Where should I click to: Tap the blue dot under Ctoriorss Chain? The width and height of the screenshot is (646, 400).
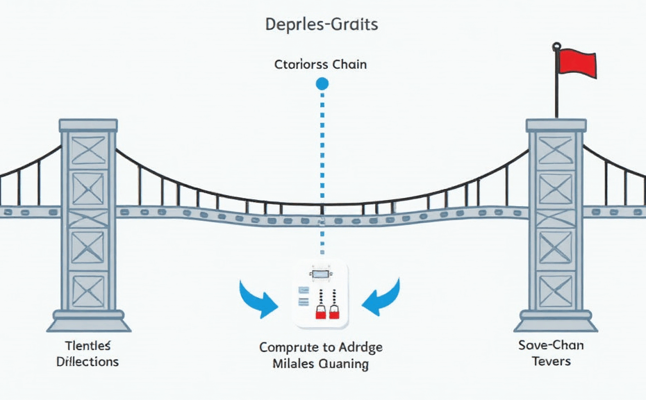pos(322,84)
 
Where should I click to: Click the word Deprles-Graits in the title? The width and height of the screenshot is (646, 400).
pos(322,25)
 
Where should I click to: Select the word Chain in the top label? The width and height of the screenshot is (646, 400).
pos(349,65)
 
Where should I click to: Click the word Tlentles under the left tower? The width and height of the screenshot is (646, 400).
pos(88,346)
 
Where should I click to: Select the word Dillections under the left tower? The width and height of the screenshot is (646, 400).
pos(88,362)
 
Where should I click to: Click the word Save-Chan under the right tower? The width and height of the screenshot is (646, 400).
pos(551,345)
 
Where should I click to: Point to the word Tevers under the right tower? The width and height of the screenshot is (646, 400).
pos(551,361)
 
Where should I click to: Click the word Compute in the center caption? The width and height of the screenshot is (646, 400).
pos(286,347)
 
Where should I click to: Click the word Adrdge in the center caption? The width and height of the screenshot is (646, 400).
pos(360,347)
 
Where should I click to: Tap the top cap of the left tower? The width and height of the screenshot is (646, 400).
pos(88,125)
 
